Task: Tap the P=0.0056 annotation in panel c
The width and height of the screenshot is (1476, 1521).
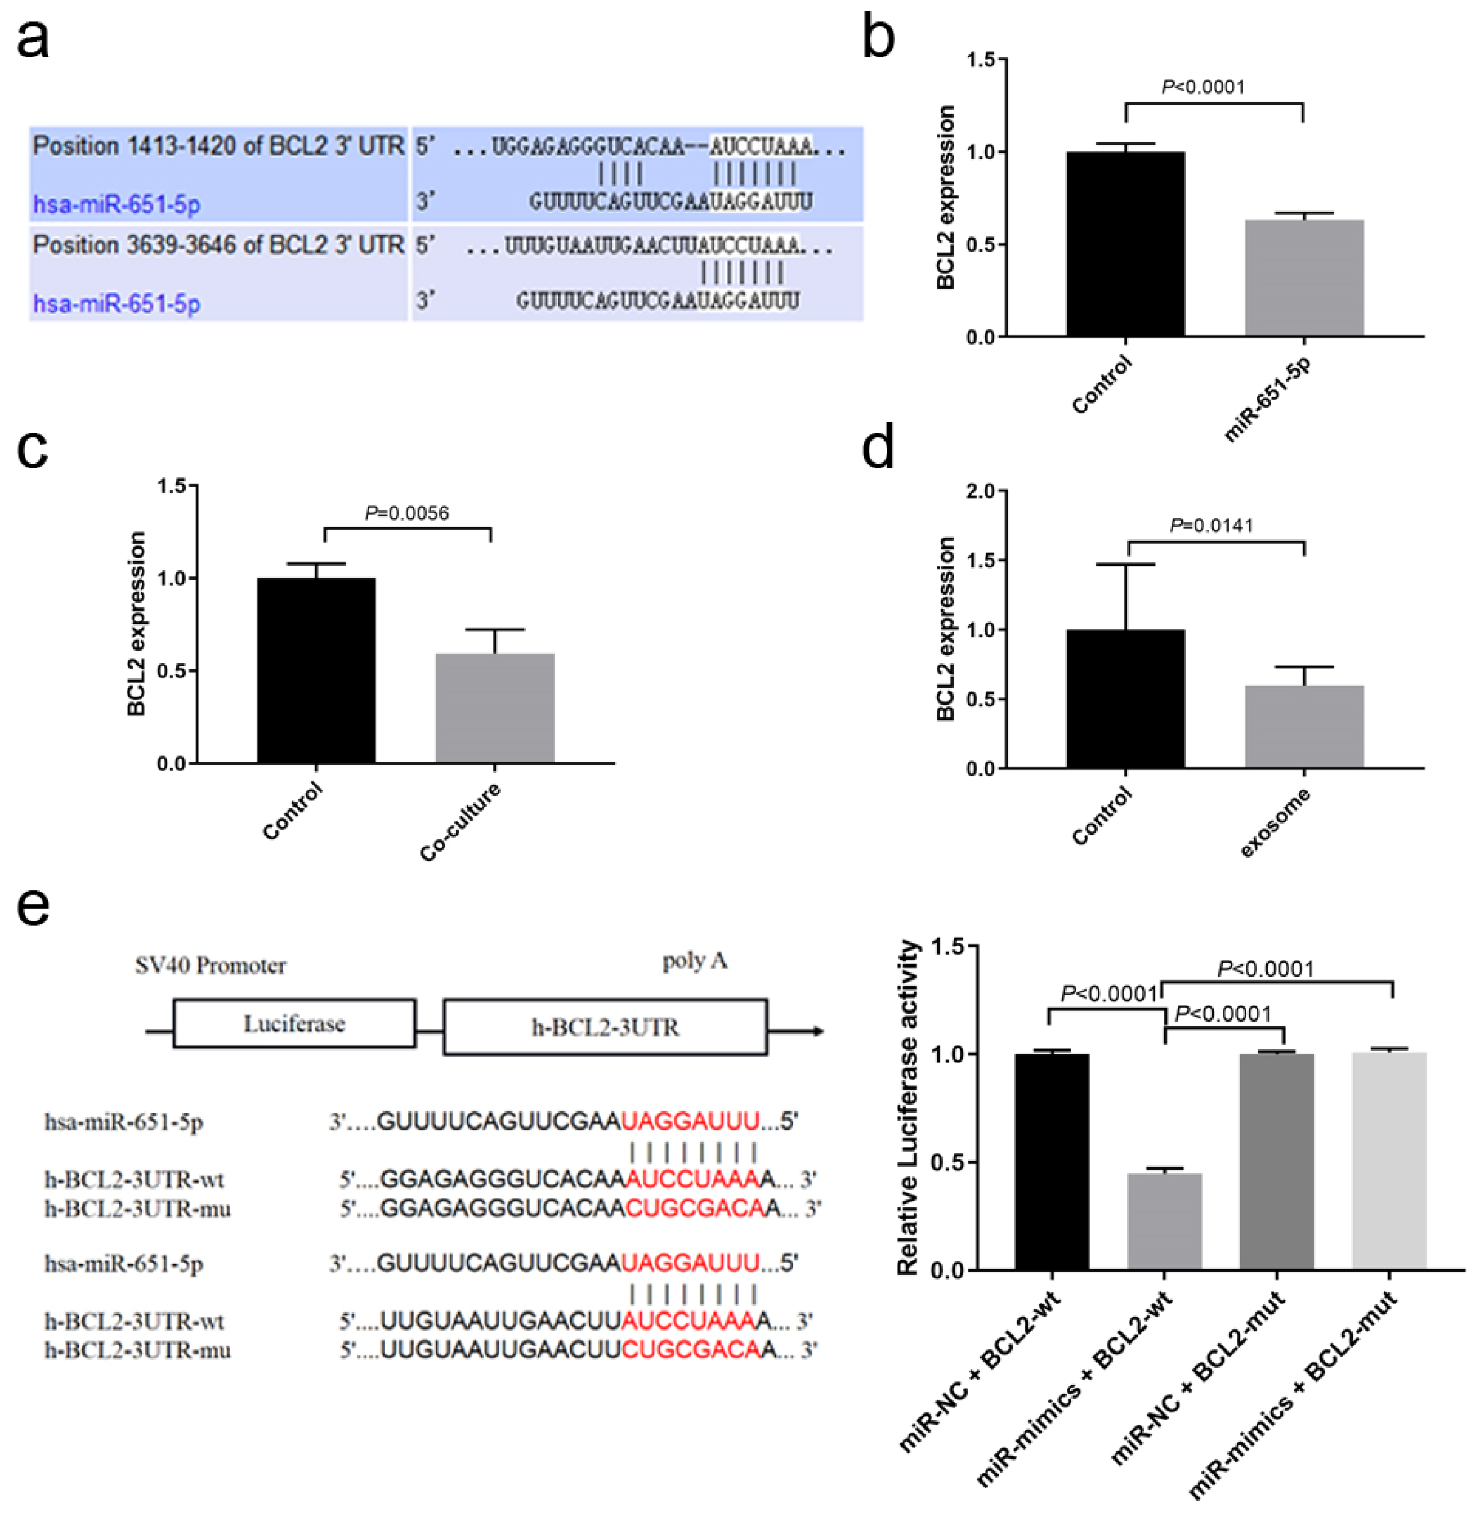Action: point(407,513)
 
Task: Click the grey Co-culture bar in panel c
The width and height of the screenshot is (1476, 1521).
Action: point(494,708)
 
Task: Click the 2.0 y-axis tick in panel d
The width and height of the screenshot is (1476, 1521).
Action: point(979,491)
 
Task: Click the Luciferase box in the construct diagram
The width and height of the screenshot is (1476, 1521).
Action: point(294,1024)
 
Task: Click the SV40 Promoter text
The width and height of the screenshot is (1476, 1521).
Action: point(210,966)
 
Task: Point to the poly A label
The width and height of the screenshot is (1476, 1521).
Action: point(694,961)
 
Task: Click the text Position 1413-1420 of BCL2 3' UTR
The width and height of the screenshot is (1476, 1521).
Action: point(218,146)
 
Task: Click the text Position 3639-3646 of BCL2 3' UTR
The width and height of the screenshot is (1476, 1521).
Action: point(218,245)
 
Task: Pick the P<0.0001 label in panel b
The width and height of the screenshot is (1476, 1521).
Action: point(1202,87)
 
